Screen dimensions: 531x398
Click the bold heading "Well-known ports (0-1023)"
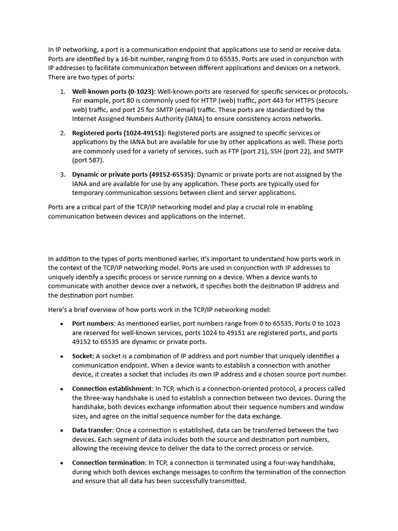[113, 91]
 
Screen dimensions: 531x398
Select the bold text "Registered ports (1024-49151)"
[118, 133]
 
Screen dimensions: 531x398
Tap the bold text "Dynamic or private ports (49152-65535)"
[133, 174]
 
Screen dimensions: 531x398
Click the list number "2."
[63, 133]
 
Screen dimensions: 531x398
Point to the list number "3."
[63, 174]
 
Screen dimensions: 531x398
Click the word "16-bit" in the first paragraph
[140, 59]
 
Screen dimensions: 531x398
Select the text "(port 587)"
[88, 160]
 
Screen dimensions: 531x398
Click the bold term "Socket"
[83, 356]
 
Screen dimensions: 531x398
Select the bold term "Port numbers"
[93, 323]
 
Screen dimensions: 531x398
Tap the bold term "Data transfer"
[92, 430]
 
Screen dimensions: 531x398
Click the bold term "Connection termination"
[109, 463]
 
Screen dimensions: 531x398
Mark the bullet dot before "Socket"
[62, 356]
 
